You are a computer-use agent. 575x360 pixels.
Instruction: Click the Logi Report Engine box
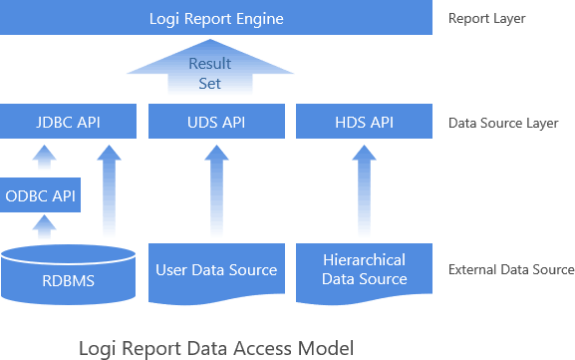tap(216, 18)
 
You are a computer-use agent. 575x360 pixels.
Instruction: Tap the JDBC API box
tap(68, 122)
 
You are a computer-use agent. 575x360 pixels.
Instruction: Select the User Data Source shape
tap(216, 270)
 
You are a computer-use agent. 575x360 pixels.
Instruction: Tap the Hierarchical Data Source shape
tap(365, 269)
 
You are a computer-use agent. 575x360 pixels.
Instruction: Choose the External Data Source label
tap(511, 269)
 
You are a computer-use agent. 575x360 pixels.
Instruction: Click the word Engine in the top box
tap(255, 18)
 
